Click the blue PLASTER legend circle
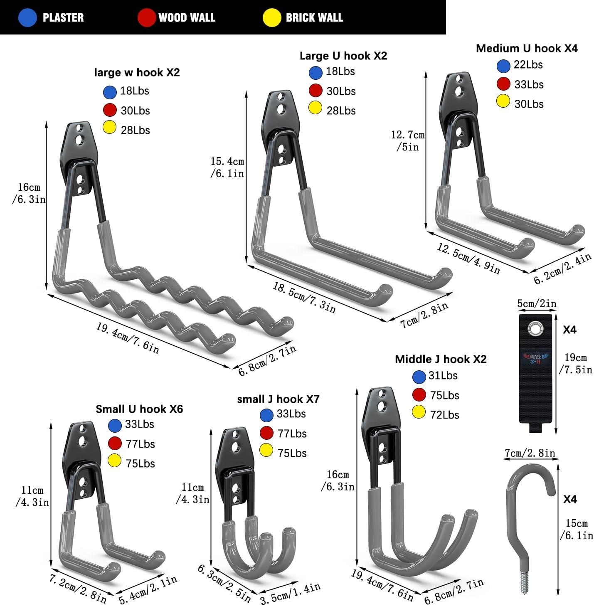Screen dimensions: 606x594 pos(28,18)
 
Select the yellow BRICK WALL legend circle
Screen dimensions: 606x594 pos(272,18)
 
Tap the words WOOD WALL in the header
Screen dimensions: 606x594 pos(187,17)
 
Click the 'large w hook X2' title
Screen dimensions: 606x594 pos(137,72)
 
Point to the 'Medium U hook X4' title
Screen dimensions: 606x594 pos(526,48)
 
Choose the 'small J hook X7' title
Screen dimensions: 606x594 pos(278,399)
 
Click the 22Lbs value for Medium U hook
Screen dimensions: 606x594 pos(528,65)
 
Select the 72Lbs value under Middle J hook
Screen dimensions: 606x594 pos(444,415)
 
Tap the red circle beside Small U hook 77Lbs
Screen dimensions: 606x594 pos(114,443)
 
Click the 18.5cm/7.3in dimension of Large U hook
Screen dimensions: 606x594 pos(304,297)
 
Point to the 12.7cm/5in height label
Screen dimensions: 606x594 pos(407,141)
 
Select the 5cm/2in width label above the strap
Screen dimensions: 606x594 pos(536,303)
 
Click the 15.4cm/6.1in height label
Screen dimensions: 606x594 pos(227,167)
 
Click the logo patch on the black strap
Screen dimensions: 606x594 pos(535,358)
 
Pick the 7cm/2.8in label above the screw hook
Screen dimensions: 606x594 pos(530,453)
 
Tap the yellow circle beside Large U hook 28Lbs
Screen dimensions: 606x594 pos(315,108)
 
